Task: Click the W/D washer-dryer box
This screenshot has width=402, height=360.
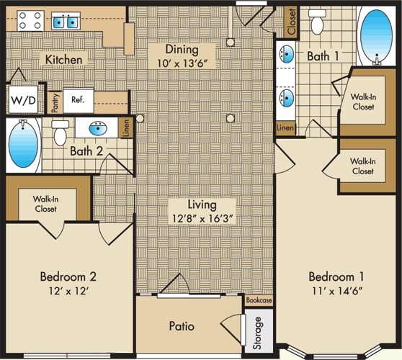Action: pyautogui.click(x=23, y=99)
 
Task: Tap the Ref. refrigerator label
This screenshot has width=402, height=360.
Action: pyautogui.click(x=78, y=99)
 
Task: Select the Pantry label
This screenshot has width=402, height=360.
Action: pyautogui.click(x=55, y=103)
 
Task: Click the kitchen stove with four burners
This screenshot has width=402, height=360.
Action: pyautogui.click(x=30, y=21)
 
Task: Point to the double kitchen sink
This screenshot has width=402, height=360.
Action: pyautogui.click(x=66, y=21)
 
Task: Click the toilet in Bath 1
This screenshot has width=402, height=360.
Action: pyautogui.click(x=317, y=22)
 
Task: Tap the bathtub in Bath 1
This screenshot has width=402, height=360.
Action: pyautogui.click(x=376, y=36)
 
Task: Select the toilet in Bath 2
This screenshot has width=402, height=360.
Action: pyautogui.click(x=60, y=133)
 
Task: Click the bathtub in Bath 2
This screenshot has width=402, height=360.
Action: pyautogui.click(x=23, y=145)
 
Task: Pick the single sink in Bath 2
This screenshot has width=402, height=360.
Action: pyautogui.click(x=98, y=128)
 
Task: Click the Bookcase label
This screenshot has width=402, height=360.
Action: pyautogui.click(x=259, y=300)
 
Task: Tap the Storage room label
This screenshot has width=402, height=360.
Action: pyautogui.click(x=257, y=333)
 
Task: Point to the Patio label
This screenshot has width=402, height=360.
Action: pyautogui.click(x=182, y=326)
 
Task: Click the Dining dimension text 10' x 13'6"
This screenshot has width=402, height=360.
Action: pyautogui.click(x=182, y=63)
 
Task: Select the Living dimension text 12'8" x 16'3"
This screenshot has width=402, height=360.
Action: pyautogui.click(x=202, y=219)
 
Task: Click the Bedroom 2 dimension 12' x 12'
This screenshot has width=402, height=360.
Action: pyautogui.click(x=68, y=291)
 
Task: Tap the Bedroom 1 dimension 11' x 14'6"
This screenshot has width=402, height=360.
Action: pyautogui.click(x=336, y=291)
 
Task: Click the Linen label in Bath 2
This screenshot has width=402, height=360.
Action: pyautogui.click(x=126, y=128)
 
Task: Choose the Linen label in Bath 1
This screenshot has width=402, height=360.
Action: pyautogui.click(x=285, y=127)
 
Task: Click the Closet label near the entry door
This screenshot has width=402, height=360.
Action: pyautogui.click(x=292, y=22)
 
